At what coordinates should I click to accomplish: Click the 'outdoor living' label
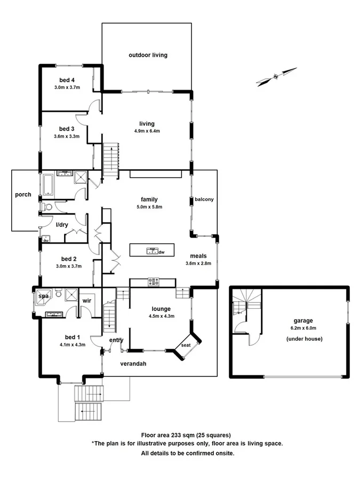148,55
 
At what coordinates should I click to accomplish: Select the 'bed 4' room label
67,80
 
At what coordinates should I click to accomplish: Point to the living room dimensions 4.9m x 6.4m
147,131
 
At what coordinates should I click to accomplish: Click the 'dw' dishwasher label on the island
161,251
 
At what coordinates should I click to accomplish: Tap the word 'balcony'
204,199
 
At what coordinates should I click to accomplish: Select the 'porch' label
23,195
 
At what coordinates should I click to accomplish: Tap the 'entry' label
116,340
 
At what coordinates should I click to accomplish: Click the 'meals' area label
198,255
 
